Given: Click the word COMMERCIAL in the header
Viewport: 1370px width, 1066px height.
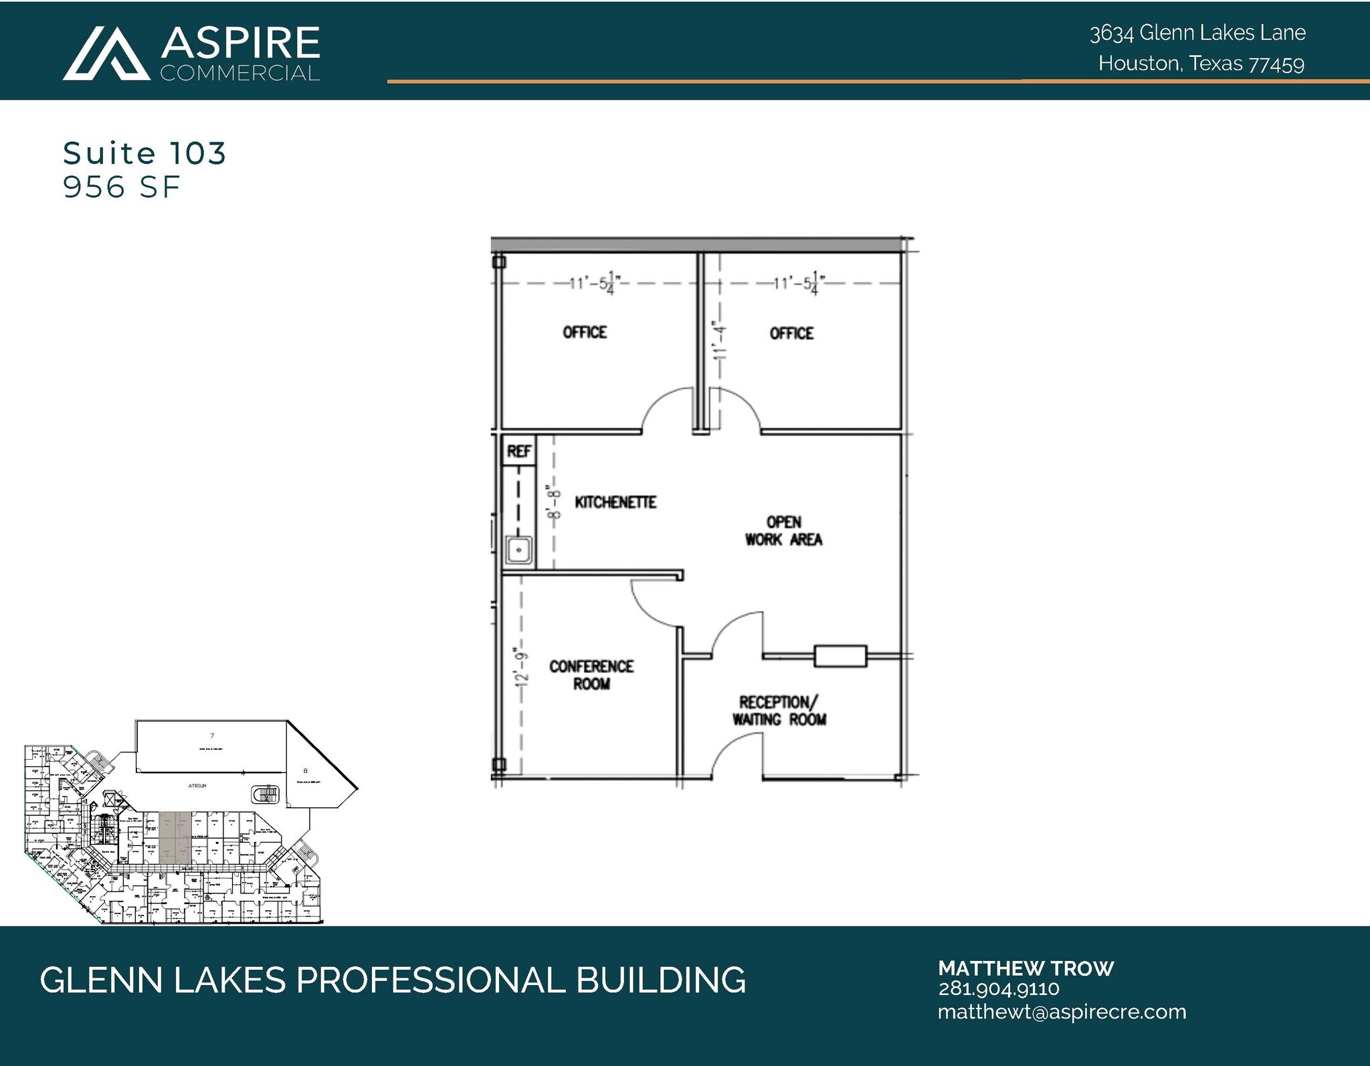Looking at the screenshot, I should coord(239,74).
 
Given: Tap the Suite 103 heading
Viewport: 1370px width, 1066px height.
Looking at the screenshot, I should coord(144,153).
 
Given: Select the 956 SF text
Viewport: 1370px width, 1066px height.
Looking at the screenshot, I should coord(121,187).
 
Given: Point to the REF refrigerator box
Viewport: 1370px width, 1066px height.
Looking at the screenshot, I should coord(518,451).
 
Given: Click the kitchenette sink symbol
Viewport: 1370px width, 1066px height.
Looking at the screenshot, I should coord(519,550).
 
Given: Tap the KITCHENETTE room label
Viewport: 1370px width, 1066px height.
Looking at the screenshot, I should coord(615,502).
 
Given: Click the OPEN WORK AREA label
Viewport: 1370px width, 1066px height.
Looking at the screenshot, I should coord(783,531).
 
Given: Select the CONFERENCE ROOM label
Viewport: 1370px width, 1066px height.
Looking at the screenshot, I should coord(591,675).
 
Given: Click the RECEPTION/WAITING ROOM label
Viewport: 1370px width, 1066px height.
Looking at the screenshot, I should coord(779,710).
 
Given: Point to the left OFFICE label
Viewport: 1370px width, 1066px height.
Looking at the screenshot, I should coord(585,332).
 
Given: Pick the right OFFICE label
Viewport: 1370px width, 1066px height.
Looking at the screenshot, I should coord(791,333).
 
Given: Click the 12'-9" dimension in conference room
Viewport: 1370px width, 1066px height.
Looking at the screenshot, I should coord(522,667).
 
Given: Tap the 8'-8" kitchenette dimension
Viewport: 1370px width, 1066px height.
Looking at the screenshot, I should coord(553,502).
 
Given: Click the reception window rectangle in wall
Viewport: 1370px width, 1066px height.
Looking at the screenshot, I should coord(840,656).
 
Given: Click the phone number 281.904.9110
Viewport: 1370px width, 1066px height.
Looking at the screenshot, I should coord(998,989).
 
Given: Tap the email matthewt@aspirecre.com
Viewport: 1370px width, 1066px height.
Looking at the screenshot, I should coord(1062,1012).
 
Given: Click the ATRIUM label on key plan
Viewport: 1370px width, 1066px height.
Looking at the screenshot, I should coord(197,786).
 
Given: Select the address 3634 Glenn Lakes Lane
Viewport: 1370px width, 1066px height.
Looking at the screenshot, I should coord(1197,33).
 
